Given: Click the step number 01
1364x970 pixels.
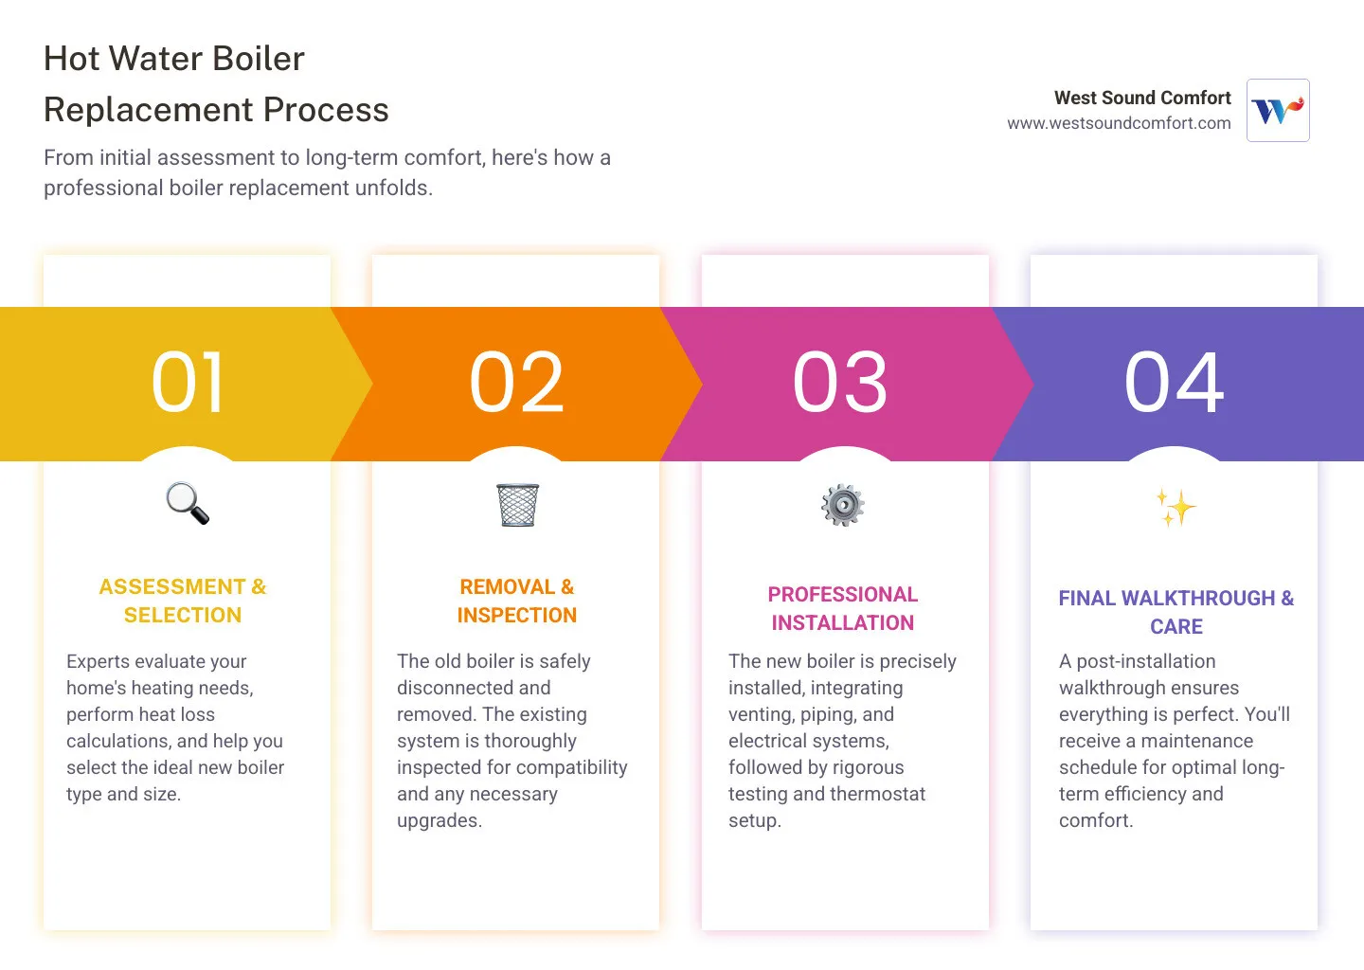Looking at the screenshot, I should pos(188,383).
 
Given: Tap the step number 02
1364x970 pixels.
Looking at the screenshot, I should pos(516,383).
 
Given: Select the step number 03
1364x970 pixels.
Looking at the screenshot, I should pos(840,383).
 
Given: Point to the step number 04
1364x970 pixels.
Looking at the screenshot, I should pos(1174,383).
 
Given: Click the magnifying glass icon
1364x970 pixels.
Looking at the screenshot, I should pos(188,504).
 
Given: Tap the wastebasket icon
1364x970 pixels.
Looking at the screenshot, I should pos(517,505).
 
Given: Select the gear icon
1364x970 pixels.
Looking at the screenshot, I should pos(843,505).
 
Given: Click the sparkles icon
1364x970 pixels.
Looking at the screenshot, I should pos(1176,508).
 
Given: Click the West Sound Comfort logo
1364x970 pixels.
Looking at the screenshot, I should pos(1278,111).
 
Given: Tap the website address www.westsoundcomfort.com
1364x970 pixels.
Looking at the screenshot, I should pos(1119,123).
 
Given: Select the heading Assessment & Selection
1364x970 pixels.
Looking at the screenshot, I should pos(183,601).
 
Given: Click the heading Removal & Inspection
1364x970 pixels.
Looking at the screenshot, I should pos(516,601).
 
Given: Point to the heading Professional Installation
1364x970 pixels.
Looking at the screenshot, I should pos(842,608).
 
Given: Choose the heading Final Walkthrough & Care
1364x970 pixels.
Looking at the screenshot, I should pos(1176,612).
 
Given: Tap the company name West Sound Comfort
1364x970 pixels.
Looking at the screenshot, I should pos(1141,98).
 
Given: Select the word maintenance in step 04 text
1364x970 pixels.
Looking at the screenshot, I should pos(1196,741).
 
